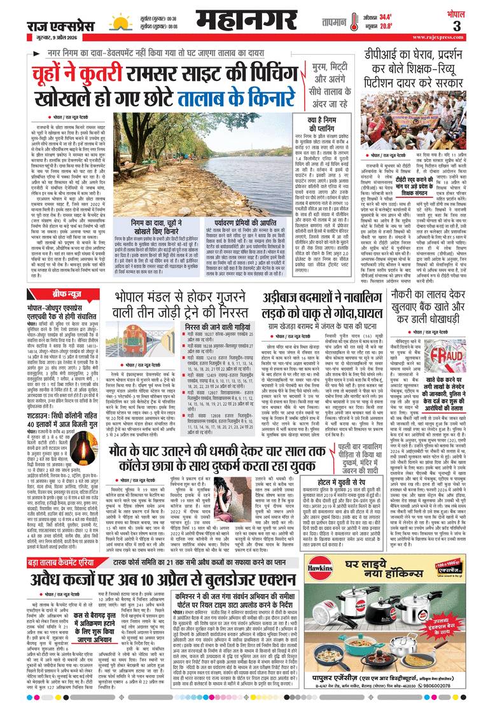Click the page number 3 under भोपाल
click(475, 26)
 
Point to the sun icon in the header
click(120, 22)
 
